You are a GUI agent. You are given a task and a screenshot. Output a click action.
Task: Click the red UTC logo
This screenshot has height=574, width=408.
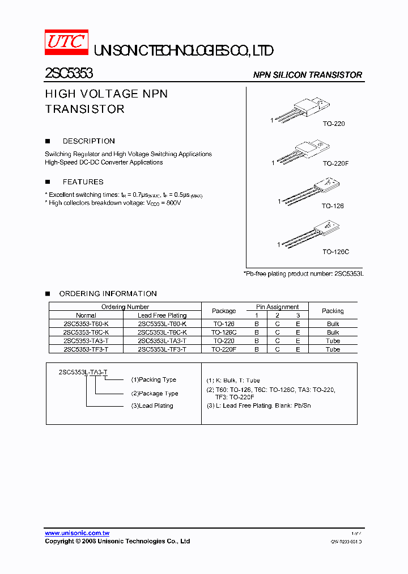[66, 42]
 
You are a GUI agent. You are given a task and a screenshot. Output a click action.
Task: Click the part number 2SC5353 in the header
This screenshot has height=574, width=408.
[69, 73]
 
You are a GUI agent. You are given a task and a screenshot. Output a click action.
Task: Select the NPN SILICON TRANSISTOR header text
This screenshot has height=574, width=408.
[307, 75]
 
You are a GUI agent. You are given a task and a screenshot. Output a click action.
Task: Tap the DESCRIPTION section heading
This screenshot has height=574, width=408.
[88, 141]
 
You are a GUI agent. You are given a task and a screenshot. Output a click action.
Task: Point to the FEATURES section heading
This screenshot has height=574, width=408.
[83, 182]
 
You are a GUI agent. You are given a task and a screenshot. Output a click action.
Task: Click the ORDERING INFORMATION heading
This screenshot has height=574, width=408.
[108, 294]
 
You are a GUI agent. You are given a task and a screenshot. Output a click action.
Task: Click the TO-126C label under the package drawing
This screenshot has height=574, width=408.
[335, 251]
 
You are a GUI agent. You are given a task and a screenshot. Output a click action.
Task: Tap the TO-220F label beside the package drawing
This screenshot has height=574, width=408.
[335, 163]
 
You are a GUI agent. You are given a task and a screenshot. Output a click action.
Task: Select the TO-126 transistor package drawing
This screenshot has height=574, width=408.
[311, 191]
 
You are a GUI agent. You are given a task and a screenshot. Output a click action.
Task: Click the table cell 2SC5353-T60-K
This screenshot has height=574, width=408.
[86, 324]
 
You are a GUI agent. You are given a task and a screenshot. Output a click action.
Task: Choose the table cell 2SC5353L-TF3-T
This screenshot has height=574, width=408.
[161, 349]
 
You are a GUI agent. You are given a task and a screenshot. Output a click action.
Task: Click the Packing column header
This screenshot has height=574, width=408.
[333, 311]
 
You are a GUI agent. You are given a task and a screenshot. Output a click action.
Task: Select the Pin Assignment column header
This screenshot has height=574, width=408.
[277, 307]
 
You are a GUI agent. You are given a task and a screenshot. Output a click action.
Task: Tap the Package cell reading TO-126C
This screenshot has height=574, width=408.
[224, 332]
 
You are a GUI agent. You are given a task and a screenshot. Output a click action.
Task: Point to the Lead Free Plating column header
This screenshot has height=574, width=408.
[161, 315]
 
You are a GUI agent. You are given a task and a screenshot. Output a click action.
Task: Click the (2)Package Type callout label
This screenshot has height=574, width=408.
[155, 393]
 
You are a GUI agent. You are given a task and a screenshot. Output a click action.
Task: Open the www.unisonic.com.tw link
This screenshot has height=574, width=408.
[77, 533]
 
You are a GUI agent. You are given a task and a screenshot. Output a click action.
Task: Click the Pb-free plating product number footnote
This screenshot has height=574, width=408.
[304, 273]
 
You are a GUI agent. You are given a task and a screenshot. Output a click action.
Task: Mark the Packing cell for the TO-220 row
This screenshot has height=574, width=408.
[333, 341]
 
